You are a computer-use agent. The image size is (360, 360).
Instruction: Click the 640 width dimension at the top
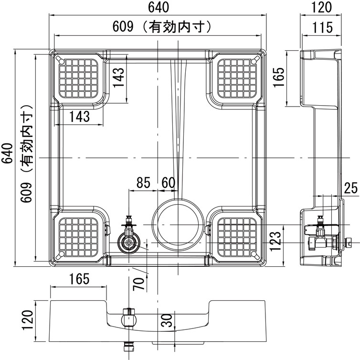159,7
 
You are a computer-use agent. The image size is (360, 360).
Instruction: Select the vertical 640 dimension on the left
8,153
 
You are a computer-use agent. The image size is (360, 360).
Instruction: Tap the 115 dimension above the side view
322,28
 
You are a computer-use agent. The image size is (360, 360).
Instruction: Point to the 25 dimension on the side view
351,188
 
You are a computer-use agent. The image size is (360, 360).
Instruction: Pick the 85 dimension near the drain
143,183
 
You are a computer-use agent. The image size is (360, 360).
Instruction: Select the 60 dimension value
168,183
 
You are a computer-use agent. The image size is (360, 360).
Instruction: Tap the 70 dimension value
138,284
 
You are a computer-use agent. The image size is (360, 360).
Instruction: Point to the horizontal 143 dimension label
79,117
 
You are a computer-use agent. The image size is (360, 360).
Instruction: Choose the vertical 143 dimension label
119,77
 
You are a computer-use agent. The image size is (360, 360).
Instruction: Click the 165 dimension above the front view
79,279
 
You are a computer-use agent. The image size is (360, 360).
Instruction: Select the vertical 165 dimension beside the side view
279,77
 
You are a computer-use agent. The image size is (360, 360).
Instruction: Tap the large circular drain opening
178,225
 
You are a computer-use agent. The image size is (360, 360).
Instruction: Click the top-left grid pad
78,78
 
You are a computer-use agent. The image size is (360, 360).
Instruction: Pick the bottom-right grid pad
237,237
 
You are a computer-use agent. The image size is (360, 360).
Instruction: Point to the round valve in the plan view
129,242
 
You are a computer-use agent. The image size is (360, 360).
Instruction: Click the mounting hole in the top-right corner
254,62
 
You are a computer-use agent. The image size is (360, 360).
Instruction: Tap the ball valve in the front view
129,319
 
